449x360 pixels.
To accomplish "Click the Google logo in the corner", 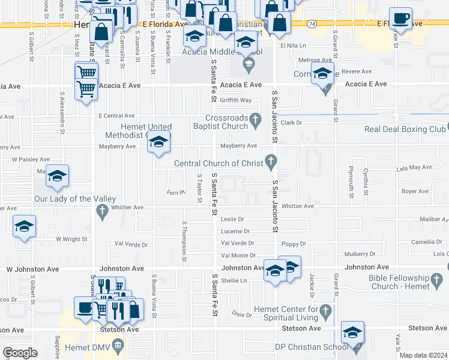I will point(19,353).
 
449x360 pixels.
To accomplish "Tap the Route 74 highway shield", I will point(311,23).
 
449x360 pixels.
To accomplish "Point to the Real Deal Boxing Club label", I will point(405,129).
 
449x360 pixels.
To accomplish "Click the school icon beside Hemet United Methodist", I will point(158,142).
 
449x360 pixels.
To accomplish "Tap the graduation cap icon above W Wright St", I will point(25,226).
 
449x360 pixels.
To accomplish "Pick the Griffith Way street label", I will point(235,100).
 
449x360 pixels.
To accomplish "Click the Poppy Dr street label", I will point(294,244).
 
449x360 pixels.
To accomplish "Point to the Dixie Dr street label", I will point(243,314).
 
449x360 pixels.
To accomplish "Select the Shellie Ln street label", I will point(234,280).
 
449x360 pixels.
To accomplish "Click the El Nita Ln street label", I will point(293,46).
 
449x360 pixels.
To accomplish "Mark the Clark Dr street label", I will point(290,122).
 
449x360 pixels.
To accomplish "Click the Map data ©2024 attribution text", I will point(423,355).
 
